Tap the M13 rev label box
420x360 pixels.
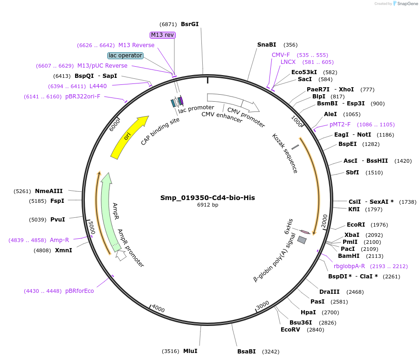coord(162,35)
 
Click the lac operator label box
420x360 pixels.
coord(125,55)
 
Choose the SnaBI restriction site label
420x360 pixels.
coord(267,45)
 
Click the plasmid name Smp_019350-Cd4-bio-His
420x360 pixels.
coord(208,198)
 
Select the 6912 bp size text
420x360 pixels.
coord(208,205)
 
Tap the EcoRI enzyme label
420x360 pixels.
coord(355,225)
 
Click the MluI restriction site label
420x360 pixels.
coord(190,351)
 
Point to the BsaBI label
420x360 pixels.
coord(247,352)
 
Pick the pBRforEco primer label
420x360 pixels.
coord(80,291)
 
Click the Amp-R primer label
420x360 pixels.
coord(59,240)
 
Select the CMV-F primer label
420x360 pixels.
coord(281,55)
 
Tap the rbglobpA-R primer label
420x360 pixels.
coord(349,266)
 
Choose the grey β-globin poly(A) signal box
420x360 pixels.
coord(302,240)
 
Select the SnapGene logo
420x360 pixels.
coord(405,4)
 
